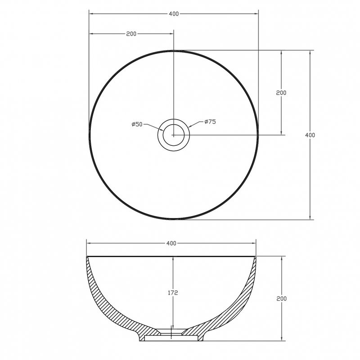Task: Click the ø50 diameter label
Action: pos(137,125)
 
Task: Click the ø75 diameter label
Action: pos(210,121)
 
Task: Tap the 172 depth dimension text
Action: pos(173,293)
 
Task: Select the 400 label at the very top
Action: pos(174,14)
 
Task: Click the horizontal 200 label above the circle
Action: pos(131,34)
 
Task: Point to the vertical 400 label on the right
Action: pos(310,135)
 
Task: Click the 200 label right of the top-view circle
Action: pos(281,93)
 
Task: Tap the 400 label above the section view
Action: pos(171,243)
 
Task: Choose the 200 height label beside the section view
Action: pos(282,299)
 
